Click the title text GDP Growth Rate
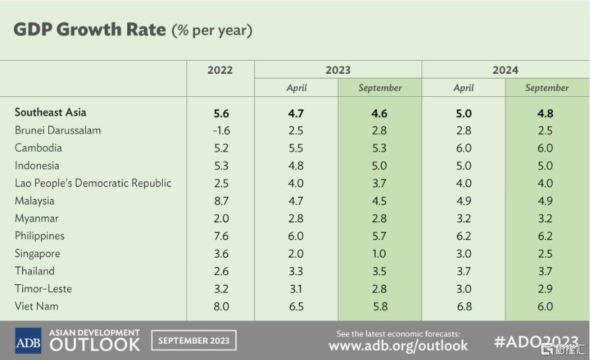click(x=90, y=30)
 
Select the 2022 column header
click(x=220, y=71)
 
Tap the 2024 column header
click(x=506, y=71)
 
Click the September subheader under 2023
click(x=380, y=88)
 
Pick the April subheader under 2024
click(x=463, y=88)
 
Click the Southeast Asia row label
click(x=50, y=112)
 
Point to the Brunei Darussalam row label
click(x=58, y=130)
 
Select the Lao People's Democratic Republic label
click(x=94, y=183)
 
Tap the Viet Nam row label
click(x=36, y=306)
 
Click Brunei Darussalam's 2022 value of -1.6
click(x=221, y=131)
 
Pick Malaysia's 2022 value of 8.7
click(x=221, y=201)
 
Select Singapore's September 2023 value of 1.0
click(x=379, y=254)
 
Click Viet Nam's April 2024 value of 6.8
click(x=464, y=306)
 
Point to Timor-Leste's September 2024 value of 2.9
click(x=545, y=289)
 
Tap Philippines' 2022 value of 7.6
click(x=221, y=236)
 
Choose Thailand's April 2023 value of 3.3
click(x=296, y=271)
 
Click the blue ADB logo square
click(x=28, y=340)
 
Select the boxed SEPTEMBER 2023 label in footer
click(x=194, y=340)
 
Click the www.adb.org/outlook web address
click(x=398, y=345)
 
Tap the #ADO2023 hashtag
click(x=536, y=342)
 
